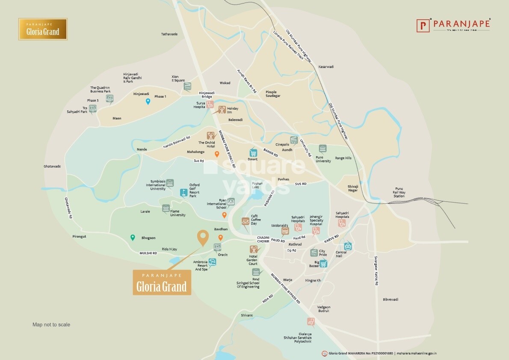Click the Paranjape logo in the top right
[453, 25]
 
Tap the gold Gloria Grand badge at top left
[43, 29]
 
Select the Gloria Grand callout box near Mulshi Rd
[162, 283]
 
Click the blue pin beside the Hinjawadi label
[148, 101]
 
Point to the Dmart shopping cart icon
[253, 153]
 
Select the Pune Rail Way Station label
[399, 192]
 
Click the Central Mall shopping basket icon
[348, 246]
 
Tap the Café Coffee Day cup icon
[246, 221]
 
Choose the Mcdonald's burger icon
[285, 231]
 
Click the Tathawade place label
[169, 34]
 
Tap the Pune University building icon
[323, 149]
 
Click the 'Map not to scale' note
[51, 324]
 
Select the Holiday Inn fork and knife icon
[222, 110]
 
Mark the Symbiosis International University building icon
[170, 183]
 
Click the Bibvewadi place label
[391, 299]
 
